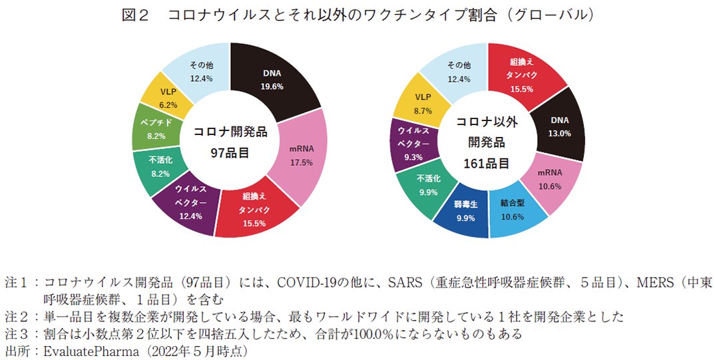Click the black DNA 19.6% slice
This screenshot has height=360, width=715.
click(272, 80)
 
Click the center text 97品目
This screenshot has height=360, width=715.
click(230, 153)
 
